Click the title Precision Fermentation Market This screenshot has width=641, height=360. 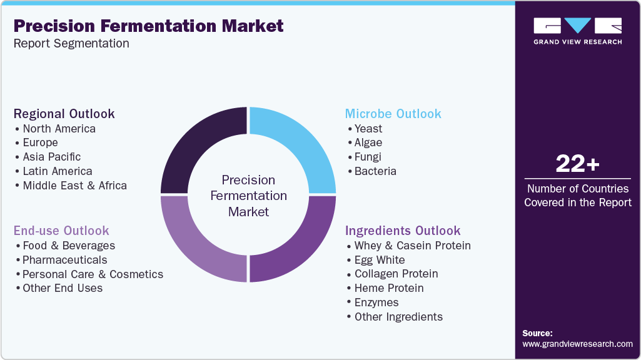pos(148,26)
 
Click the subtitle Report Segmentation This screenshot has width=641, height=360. pos(71,44)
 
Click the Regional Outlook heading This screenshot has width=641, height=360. pos(64,114)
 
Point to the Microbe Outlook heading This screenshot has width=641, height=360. pos(393,114)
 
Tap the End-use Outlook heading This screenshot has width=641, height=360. pos(61,231)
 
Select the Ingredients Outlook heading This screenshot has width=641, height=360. pos(403,231)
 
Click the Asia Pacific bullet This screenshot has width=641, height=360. pos(51,157)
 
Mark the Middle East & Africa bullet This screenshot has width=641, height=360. pos(74,186)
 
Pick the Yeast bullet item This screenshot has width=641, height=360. pos(368,129)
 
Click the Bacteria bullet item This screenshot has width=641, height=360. pos(375,171)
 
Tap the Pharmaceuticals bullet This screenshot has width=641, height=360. pos(64,260)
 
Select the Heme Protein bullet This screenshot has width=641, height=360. pos(388,288)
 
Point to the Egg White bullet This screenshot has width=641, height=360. pos(379,260)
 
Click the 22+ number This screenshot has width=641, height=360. pos(577,164)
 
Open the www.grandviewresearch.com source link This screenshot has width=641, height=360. pos(577,344)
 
